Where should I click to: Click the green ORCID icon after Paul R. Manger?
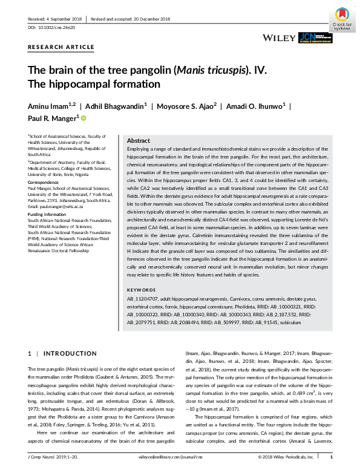pos(83,119)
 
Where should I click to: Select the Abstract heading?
pos(139,140)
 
